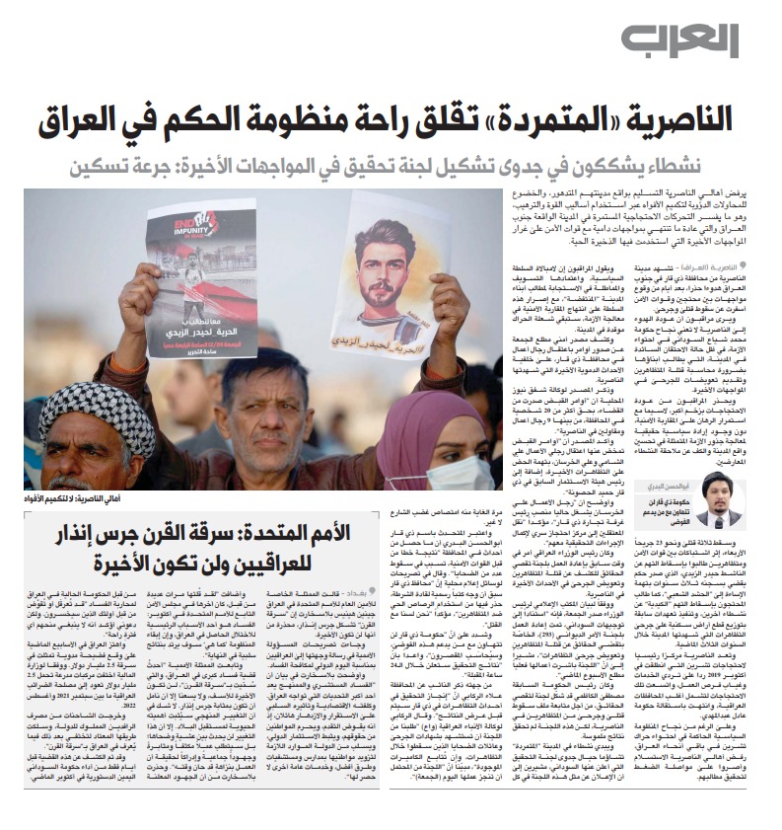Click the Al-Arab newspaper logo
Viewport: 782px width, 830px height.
click(693, 41)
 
